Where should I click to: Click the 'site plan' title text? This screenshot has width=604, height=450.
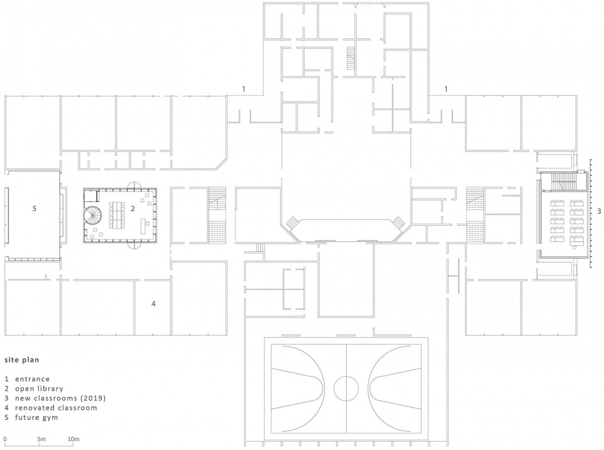click(x=21, y=360)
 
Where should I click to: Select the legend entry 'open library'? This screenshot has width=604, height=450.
click(x=39, y=389)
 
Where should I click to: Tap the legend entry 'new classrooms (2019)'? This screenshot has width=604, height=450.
click(x=60, y=398)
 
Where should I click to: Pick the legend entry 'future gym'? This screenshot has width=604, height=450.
click(x=36, y=417)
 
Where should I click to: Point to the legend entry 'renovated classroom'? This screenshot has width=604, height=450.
click(x=56, y=408)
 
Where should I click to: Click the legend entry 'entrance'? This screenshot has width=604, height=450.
click(x=32, y=379)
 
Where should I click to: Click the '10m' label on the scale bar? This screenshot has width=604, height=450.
click(x=74, y=439)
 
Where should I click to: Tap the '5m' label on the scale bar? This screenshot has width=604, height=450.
click(x=42, y=439)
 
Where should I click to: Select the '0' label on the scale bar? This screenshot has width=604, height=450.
click(x=5, y=439)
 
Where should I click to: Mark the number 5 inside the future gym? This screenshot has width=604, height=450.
click(x=34, y=209)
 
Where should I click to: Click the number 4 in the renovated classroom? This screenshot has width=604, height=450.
click(x=154, y=304)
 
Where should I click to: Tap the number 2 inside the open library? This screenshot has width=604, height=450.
click(x=133, y=209)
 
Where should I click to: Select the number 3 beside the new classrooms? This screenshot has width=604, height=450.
click(x=598, y=211)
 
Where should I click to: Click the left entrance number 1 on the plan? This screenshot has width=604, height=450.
click(x=243, y=89)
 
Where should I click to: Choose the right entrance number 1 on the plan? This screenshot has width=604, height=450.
click(x=446, y=89)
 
